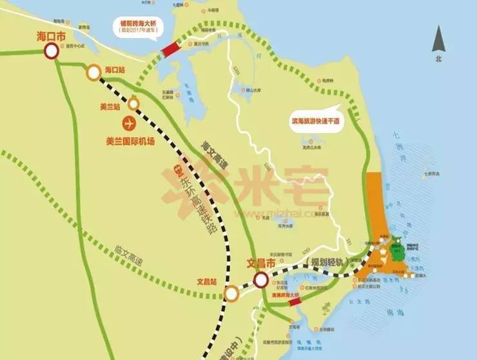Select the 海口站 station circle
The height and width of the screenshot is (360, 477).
coord(95,73)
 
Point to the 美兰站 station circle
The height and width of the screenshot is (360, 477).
coord(134,103)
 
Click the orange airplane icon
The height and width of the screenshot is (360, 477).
coord(128,122)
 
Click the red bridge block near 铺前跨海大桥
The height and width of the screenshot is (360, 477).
coord(171,48)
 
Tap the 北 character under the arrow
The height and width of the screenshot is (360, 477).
coord(439,59)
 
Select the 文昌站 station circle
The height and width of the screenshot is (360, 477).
coord(231,294)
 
